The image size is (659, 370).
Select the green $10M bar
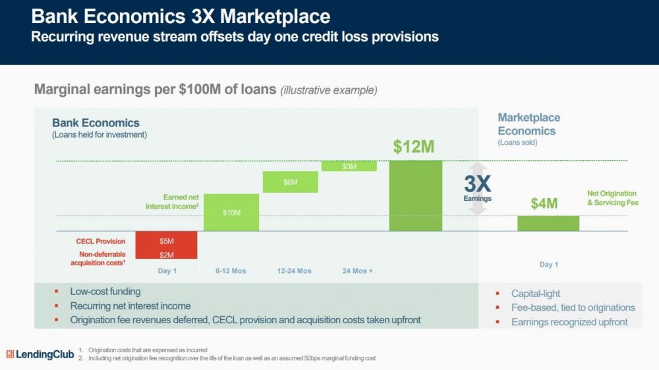(231, 212)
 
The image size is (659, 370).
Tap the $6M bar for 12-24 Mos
(290, 182)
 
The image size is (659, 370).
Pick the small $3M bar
(349, 166)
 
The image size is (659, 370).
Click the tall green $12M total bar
(415, 196)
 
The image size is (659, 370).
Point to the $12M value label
(414, 147)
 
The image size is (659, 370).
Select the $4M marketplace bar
(548, 223)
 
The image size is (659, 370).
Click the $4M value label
(544, 204)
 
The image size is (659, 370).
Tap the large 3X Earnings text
(477, 185)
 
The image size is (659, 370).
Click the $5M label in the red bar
(166, 242)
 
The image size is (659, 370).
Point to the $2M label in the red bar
(166, 254)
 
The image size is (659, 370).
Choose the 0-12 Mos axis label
(231, 271)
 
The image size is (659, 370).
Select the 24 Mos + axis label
(358, 271)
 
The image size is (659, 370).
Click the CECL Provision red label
(100, 242)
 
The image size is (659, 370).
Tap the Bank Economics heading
(96, 123)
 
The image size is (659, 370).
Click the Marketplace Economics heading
(529, 124)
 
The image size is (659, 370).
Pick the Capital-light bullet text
(536, 294)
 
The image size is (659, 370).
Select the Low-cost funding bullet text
(105, 291)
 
